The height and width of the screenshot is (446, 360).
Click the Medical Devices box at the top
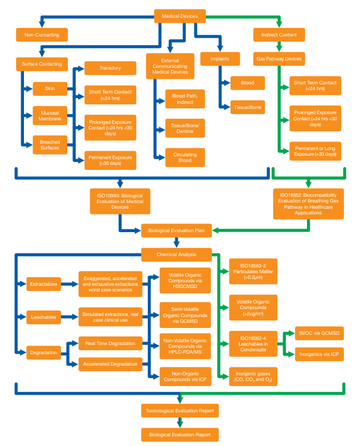coord(180,16)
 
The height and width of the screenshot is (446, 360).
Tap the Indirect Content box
coord(278,35)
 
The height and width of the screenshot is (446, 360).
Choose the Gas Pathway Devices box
coord(278,59)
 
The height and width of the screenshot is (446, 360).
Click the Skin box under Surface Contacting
coord(50,89)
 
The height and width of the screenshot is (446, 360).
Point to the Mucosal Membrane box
coord(50,116)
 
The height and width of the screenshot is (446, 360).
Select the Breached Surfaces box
coord(50,145)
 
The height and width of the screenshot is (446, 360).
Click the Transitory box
coord(110,68)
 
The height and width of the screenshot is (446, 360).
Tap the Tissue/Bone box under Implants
coord(248,107)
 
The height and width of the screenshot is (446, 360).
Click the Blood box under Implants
coord(248,83)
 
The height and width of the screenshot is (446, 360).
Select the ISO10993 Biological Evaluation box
coord(120,202)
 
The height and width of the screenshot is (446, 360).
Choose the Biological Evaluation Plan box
coord(176,231)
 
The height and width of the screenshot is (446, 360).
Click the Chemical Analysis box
coord(176,254)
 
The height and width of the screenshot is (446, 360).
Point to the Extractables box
coord(44,283)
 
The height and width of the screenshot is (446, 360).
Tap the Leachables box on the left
coord(44,317)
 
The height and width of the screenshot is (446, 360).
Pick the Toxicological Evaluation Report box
coord(180,410)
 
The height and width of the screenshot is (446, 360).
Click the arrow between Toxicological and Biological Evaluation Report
coord(180,423)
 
